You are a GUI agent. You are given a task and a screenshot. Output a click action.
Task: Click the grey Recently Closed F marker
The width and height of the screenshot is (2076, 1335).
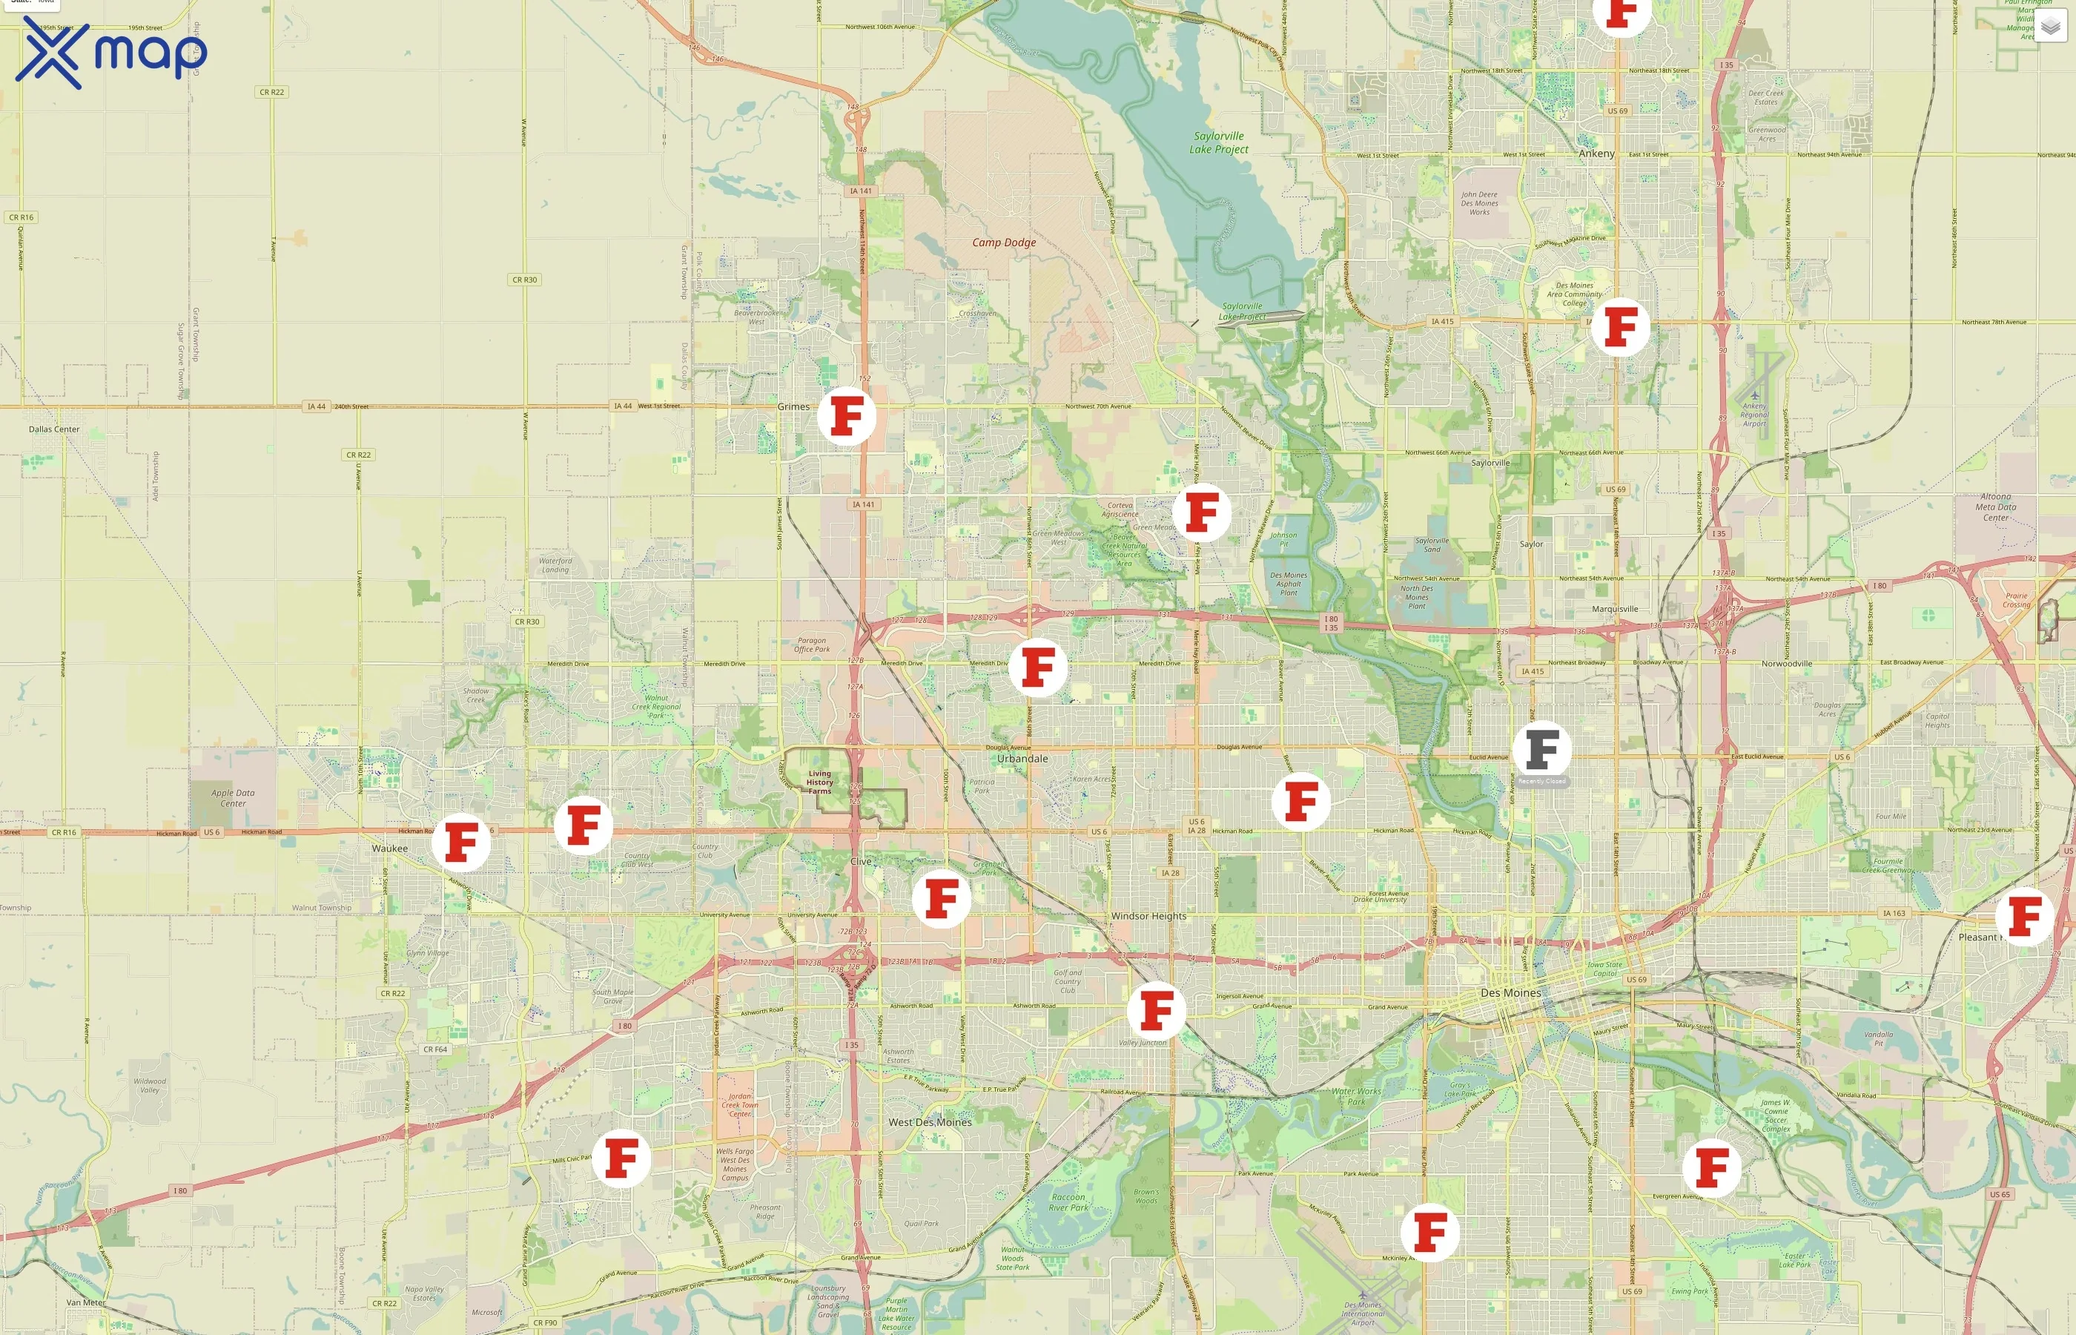(1541, 750)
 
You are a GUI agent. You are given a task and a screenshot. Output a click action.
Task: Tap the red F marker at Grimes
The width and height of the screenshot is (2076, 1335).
(847, 416)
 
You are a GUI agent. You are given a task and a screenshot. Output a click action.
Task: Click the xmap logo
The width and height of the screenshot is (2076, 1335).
(111, 52)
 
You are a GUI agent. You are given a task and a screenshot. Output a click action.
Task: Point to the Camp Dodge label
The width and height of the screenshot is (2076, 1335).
(1003, 243)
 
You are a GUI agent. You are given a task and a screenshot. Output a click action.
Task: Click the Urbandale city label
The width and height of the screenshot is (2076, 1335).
(1022, 759)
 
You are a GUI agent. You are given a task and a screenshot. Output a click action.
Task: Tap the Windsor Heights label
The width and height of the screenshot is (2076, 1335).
(1148, 916)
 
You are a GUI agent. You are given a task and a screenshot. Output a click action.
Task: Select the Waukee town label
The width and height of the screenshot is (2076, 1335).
(389, 848)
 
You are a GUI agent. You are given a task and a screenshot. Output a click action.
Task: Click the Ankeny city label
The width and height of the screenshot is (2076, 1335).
(1596, 154)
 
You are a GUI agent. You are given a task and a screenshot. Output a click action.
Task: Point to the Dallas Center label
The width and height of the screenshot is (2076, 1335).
(53, 429)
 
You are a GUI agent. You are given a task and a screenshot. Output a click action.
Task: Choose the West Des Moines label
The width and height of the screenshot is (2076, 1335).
(930, 1121)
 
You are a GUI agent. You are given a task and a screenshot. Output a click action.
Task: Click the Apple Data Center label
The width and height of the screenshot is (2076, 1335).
(233, 797)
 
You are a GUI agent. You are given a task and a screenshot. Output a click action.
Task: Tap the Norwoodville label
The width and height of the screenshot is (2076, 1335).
(1786, 664)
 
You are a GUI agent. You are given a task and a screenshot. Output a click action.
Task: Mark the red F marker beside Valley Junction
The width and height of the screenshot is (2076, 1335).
(1156, 1011)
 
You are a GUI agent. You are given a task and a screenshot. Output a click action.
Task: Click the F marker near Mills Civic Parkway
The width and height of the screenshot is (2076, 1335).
(621, 1158)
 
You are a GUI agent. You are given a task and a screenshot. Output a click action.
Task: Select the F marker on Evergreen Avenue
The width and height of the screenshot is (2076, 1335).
(1711, 1167)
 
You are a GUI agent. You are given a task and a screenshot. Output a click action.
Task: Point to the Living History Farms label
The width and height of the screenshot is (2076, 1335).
(820, 782)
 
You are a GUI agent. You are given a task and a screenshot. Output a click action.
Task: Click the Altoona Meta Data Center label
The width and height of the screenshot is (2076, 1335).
(1995, 507)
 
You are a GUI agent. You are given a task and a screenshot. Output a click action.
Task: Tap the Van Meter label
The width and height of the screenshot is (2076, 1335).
(86, 1302)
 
